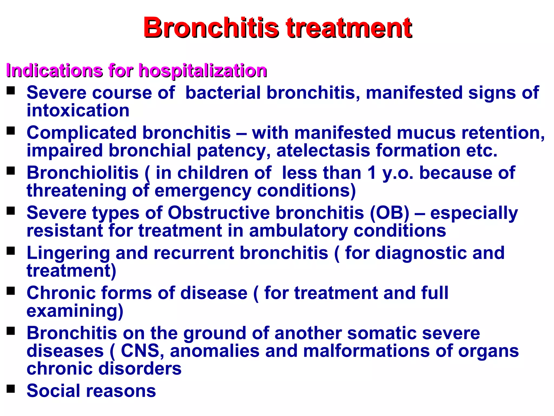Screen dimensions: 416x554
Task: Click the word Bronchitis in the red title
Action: coord(211,28)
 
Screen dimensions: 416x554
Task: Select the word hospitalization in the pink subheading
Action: coord(203,71)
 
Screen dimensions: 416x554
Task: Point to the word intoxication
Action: coord(78,111)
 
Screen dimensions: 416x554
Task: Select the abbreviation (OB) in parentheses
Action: coord(390,213)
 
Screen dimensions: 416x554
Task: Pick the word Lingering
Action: coord(68,253)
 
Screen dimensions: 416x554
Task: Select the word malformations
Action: coord(366,351)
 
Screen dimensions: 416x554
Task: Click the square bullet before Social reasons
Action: coord(11,389)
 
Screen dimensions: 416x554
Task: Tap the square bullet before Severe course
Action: coord(11,90)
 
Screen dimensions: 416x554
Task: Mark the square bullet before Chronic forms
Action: coord(11,291)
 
